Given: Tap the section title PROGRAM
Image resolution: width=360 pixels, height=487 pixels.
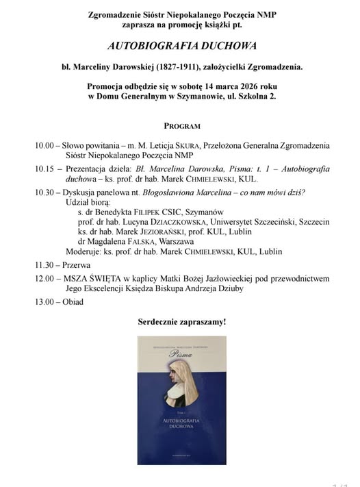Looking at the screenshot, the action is (x=181, y=126).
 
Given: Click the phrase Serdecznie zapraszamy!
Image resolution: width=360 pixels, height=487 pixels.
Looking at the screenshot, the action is (x=181, y=321).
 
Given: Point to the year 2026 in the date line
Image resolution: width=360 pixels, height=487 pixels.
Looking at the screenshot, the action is (x=241, y=86).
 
